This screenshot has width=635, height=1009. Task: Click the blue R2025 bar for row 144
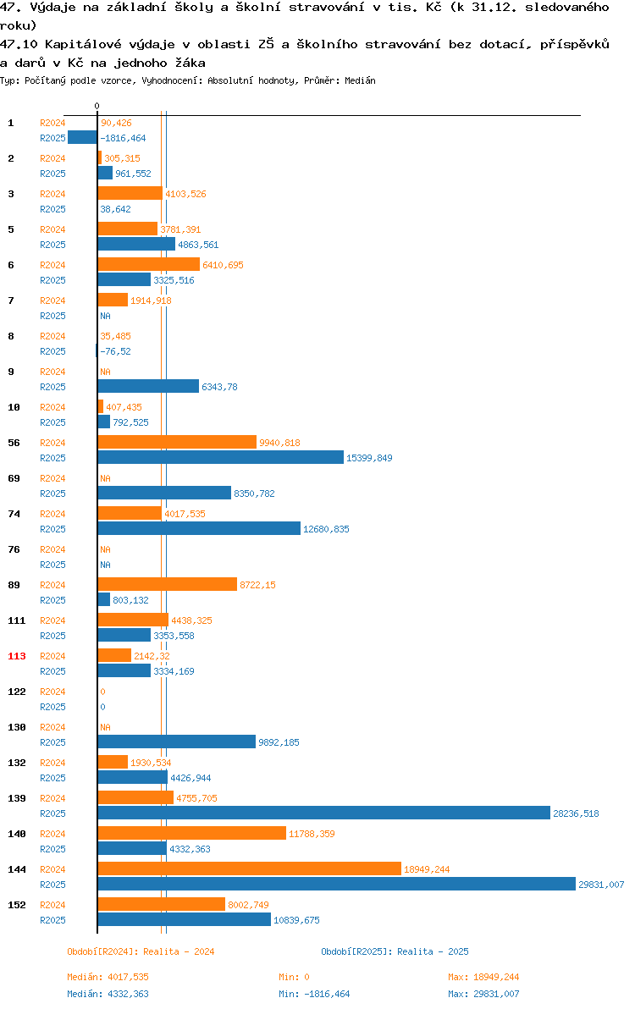click(336, 885)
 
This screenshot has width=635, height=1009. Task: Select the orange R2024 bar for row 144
click(250, 868)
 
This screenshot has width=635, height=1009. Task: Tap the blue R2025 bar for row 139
click(324, 813)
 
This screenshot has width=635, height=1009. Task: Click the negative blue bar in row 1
click(82, 137)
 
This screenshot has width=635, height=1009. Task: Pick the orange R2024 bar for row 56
click(177, 442)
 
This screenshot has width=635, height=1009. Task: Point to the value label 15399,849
click(369, 458)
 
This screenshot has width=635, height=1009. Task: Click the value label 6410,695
click(224, 265)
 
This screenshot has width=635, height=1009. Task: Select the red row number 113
click(17, 656)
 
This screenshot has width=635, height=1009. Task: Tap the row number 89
click(14, 585)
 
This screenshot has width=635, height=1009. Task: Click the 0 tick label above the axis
click(97, 106)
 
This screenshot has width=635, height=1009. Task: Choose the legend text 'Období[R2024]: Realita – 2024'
click(141, 951)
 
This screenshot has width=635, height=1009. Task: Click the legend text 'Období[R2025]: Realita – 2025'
click(395, 951)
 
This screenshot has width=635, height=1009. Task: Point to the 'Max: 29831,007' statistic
click(483, 995)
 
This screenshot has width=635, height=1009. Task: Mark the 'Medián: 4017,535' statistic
click(108, 978)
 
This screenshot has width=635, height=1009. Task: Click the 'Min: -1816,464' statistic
click(315, 995)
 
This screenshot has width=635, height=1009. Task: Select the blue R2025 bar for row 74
click(200, 529)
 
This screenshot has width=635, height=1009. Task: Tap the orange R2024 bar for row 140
click(191, 833)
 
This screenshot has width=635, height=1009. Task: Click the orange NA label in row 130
click(106, 727)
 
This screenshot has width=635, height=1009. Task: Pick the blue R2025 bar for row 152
click(185, 919)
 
